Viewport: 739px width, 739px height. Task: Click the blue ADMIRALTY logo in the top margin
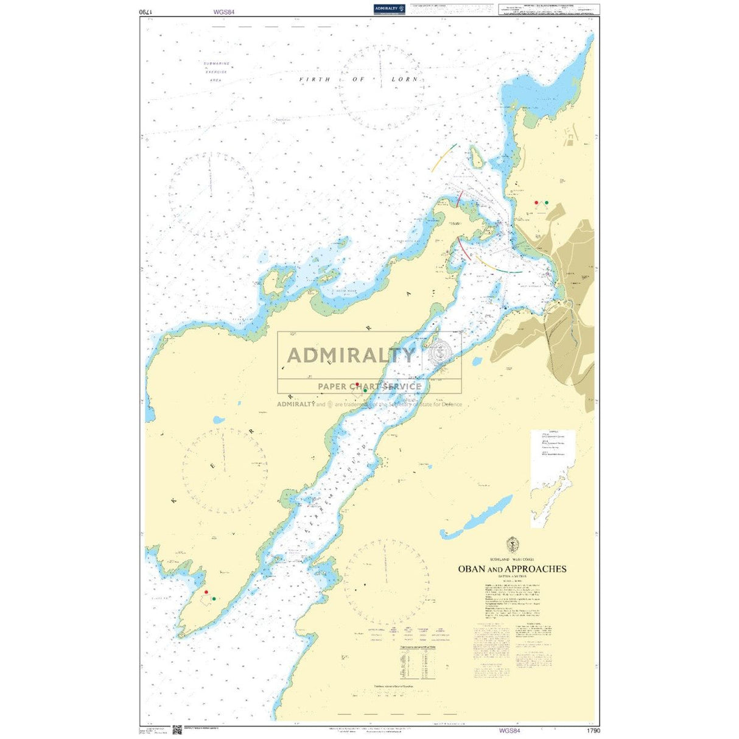click(x=390, y=9)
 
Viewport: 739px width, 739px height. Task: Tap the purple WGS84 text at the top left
click(x=223, y=11)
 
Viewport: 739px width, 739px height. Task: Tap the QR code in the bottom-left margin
click(x=177, y=730)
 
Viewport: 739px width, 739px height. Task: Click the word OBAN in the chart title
click(x=472, y=569)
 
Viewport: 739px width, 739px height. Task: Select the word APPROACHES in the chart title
click(x=536, y=569)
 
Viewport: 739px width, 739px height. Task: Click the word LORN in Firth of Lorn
click(x=405, y=79)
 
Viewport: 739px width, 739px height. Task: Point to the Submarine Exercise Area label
click(x=216, y=72)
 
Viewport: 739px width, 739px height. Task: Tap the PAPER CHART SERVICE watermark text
click(x=369, y=386)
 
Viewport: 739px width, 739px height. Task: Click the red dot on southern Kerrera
click(x=206, y=592)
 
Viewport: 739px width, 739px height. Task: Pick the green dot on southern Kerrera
click(x=214, y=599)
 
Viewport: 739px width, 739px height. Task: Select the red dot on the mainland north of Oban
click(x=536, y=202)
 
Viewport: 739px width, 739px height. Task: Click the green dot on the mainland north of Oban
click(x=546, y=202)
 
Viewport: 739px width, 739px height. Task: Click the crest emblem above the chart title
click(x=512, y=544)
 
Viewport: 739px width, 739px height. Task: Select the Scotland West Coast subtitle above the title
click(x=511, y=559)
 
